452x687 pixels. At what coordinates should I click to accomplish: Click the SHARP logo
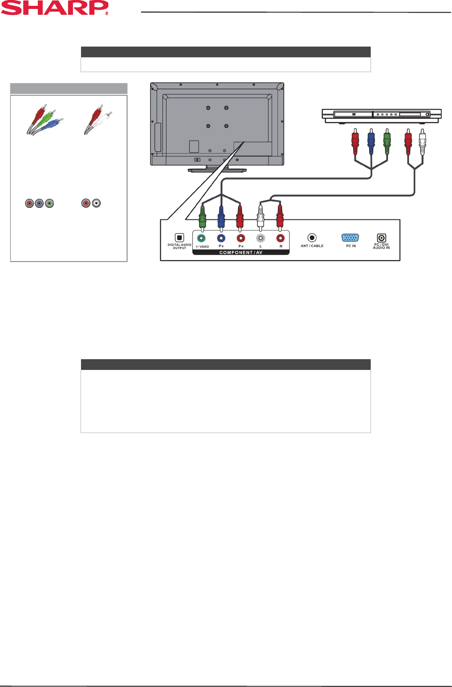point(55,8)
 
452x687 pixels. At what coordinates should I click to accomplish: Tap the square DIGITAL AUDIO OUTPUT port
point(179,238)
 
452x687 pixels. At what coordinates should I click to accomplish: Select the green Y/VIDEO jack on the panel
point(201,238)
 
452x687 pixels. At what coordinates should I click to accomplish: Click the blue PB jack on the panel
point(221,238)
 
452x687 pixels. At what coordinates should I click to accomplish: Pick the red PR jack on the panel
point(241,238)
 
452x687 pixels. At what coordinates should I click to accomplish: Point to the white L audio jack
point(260,238)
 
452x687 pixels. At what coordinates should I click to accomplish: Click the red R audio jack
point(281,238)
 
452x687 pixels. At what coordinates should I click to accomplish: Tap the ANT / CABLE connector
point(312,238)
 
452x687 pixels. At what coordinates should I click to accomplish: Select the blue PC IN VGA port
point(350,238)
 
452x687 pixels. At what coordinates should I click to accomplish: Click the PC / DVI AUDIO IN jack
point(382,238)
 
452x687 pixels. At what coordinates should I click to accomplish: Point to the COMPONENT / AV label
point(241,253)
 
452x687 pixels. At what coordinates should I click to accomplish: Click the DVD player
point(382,116)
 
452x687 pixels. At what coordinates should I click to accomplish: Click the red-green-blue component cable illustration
point(45,120)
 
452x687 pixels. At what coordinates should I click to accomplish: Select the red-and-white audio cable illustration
point(98,120)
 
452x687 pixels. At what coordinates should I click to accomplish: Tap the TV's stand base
point(217,170)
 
